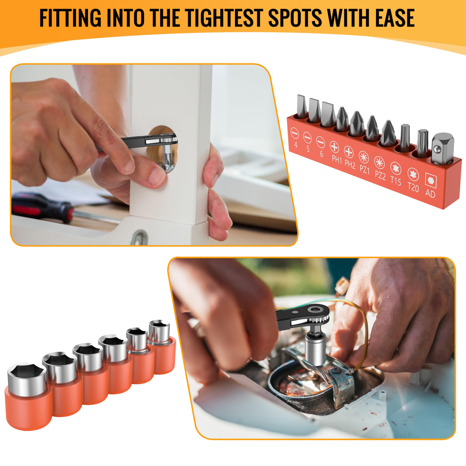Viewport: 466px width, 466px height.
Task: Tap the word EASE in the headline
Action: point(395,18)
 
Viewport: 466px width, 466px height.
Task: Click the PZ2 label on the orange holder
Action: point(380,175)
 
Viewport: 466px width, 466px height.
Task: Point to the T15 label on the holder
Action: point(396,180)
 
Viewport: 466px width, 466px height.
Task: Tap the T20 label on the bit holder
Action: point(413,187)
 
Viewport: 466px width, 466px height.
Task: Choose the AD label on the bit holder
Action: point(430,193)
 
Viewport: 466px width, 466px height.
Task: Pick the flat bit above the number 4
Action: point(301,107)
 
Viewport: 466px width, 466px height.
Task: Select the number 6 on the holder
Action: point(321,154)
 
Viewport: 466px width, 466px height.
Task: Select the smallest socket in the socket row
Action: point(159,330)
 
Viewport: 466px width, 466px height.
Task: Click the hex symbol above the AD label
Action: point(431,181)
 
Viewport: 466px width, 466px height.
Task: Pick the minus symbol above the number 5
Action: point(307,137)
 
